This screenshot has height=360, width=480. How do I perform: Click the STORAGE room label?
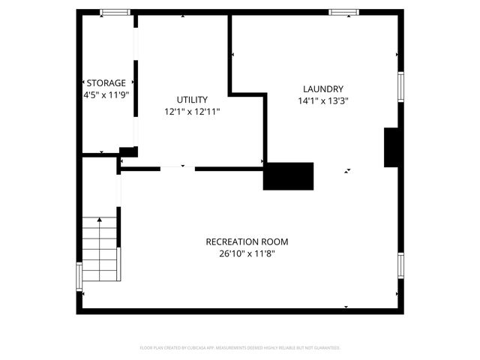coord(106,82)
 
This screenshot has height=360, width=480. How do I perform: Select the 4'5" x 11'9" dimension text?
coord(106,95)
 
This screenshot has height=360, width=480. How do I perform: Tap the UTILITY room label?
coord(192,99)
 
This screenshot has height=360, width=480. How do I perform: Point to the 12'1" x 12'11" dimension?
coord(192,111)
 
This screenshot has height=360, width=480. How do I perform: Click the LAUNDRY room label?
coord(322,88)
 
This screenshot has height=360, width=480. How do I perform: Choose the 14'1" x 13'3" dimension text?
coord(322,100)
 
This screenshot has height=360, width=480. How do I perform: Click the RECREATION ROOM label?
coord(247,241)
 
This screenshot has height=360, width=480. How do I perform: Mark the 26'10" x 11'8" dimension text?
coord(247,253)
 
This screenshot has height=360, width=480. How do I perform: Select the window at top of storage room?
coord(115,12)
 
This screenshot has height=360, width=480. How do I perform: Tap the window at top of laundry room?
coord(343,12)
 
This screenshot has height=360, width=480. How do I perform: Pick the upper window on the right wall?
coord(400,85)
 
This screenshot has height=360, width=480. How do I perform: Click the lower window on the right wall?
coord(400,265)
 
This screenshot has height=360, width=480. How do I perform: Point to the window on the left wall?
coord(79,275)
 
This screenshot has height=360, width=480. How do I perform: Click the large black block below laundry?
coord(288,176)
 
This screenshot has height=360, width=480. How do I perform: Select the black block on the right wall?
coord(391,147)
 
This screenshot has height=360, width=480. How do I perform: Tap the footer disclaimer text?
coord(240,348)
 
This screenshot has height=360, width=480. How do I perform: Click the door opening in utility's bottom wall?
coord(178,168)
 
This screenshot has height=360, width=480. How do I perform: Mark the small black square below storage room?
coord(127,151)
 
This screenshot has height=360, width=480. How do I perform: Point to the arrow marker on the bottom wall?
coord(346,307)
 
